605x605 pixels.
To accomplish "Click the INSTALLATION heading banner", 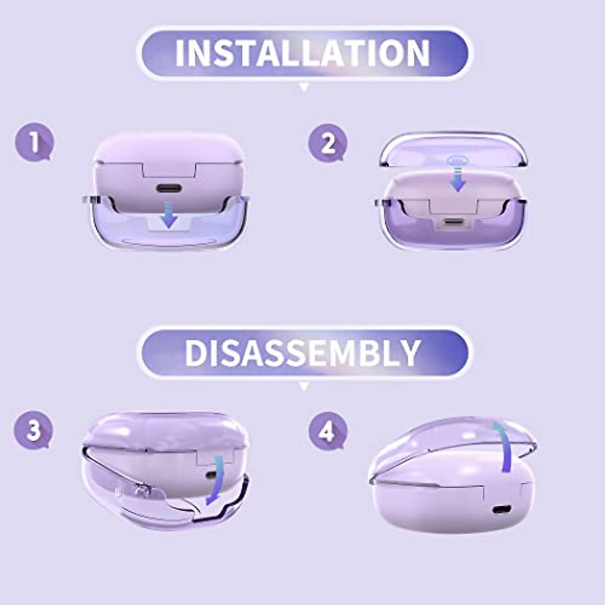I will (302, 53).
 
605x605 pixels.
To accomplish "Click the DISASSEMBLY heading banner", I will (302, 352).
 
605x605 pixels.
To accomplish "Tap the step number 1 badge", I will (34, 143).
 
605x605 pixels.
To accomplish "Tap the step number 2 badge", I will (328, 143).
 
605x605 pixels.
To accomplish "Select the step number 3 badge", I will (33, 431).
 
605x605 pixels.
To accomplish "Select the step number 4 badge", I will (327, 432).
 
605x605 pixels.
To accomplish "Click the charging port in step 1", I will (169, 189).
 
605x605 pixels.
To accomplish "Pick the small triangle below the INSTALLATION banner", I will (304, 88).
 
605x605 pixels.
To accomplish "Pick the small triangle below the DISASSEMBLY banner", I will (304, 387).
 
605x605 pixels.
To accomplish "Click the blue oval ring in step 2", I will (458, 160).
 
